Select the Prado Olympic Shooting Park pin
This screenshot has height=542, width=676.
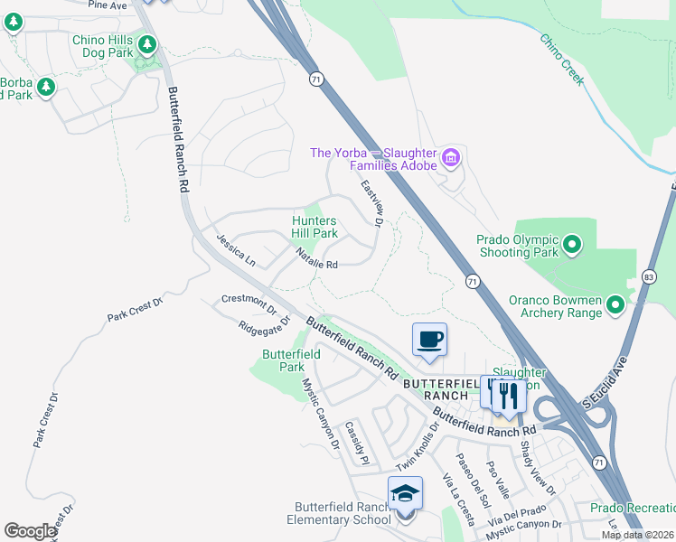[571, 245]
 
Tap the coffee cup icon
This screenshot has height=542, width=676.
[430, 341]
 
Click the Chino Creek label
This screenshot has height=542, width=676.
[562, 60]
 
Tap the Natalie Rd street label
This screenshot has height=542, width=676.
[316, 262]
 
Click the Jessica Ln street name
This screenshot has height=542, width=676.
[235, 250]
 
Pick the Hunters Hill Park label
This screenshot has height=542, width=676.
[315, 227]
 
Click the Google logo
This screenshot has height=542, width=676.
[30, 531]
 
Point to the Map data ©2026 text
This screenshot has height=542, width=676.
[637, 535]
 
